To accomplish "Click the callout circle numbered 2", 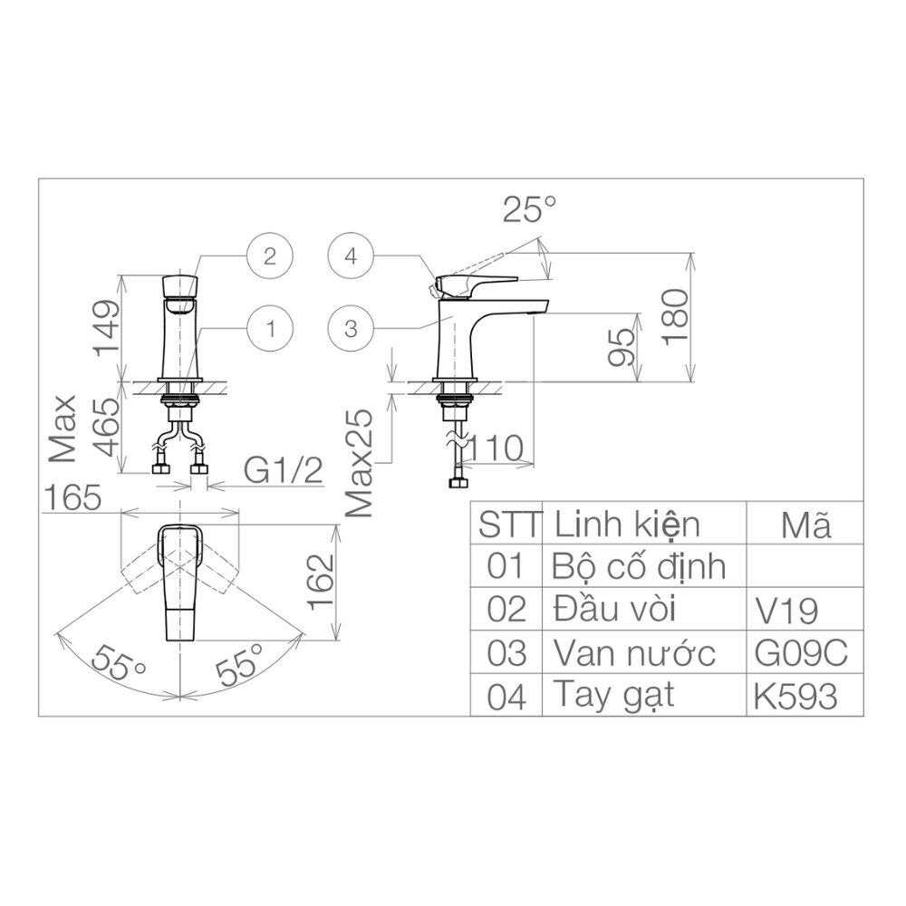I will click(270, 255).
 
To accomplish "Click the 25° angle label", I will click(529, 211).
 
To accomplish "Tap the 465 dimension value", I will click(107, 430).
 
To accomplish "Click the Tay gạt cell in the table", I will click(612, 696).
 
